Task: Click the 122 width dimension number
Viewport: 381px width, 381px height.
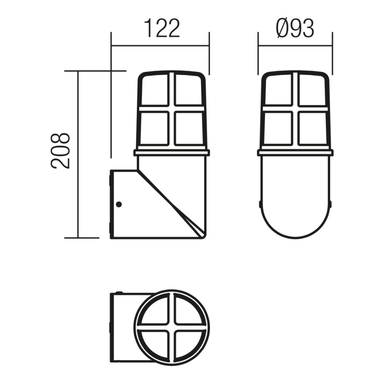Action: tap(162, 29)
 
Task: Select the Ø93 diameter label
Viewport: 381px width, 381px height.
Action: tap(295, 29)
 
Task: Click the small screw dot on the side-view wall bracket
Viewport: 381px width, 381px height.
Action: tap(119, 204)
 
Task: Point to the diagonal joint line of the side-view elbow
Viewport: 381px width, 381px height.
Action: tap(169, 202)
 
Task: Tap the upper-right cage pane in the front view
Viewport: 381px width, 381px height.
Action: tap(312, 90)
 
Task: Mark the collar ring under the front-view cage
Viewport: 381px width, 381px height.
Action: tap(295, 153)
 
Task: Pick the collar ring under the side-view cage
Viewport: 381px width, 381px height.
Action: tap(172, 153)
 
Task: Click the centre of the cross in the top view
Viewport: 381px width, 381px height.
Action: tap(172, 327)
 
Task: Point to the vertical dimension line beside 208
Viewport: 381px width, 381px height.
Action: tap(78, 154)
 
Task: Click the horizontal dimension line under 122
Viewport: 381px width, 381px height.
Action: tap(161, 44)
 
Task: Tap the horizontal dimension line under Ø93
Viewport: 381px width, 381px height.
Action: tap(295, 44)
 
